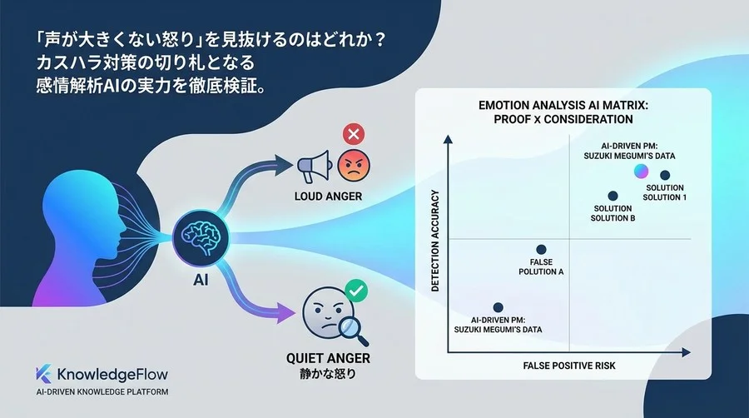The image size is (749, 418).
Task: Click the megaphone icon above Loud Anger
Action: pyautogui.click(x=314, y=167)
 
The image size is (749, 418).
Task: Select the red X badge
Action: pyautogui.click(x=353, y=133)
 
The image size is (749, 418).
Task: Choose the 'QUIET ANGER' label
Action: pyautogui.click(x=329, y=358)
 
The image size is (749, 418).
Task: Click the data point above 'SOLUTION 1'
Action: pyautogui.click(x=665, y=175)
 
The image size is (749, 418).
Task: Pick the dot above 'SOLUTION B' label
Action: pyautogui.click(x=613, y=196)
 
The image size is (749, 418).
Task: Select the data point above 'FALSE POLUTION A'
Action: pyautogui.click(x=541, y=249)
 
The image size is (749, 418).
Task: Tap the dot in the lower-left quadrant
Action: pyautogui.click(x=498, y=307)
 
